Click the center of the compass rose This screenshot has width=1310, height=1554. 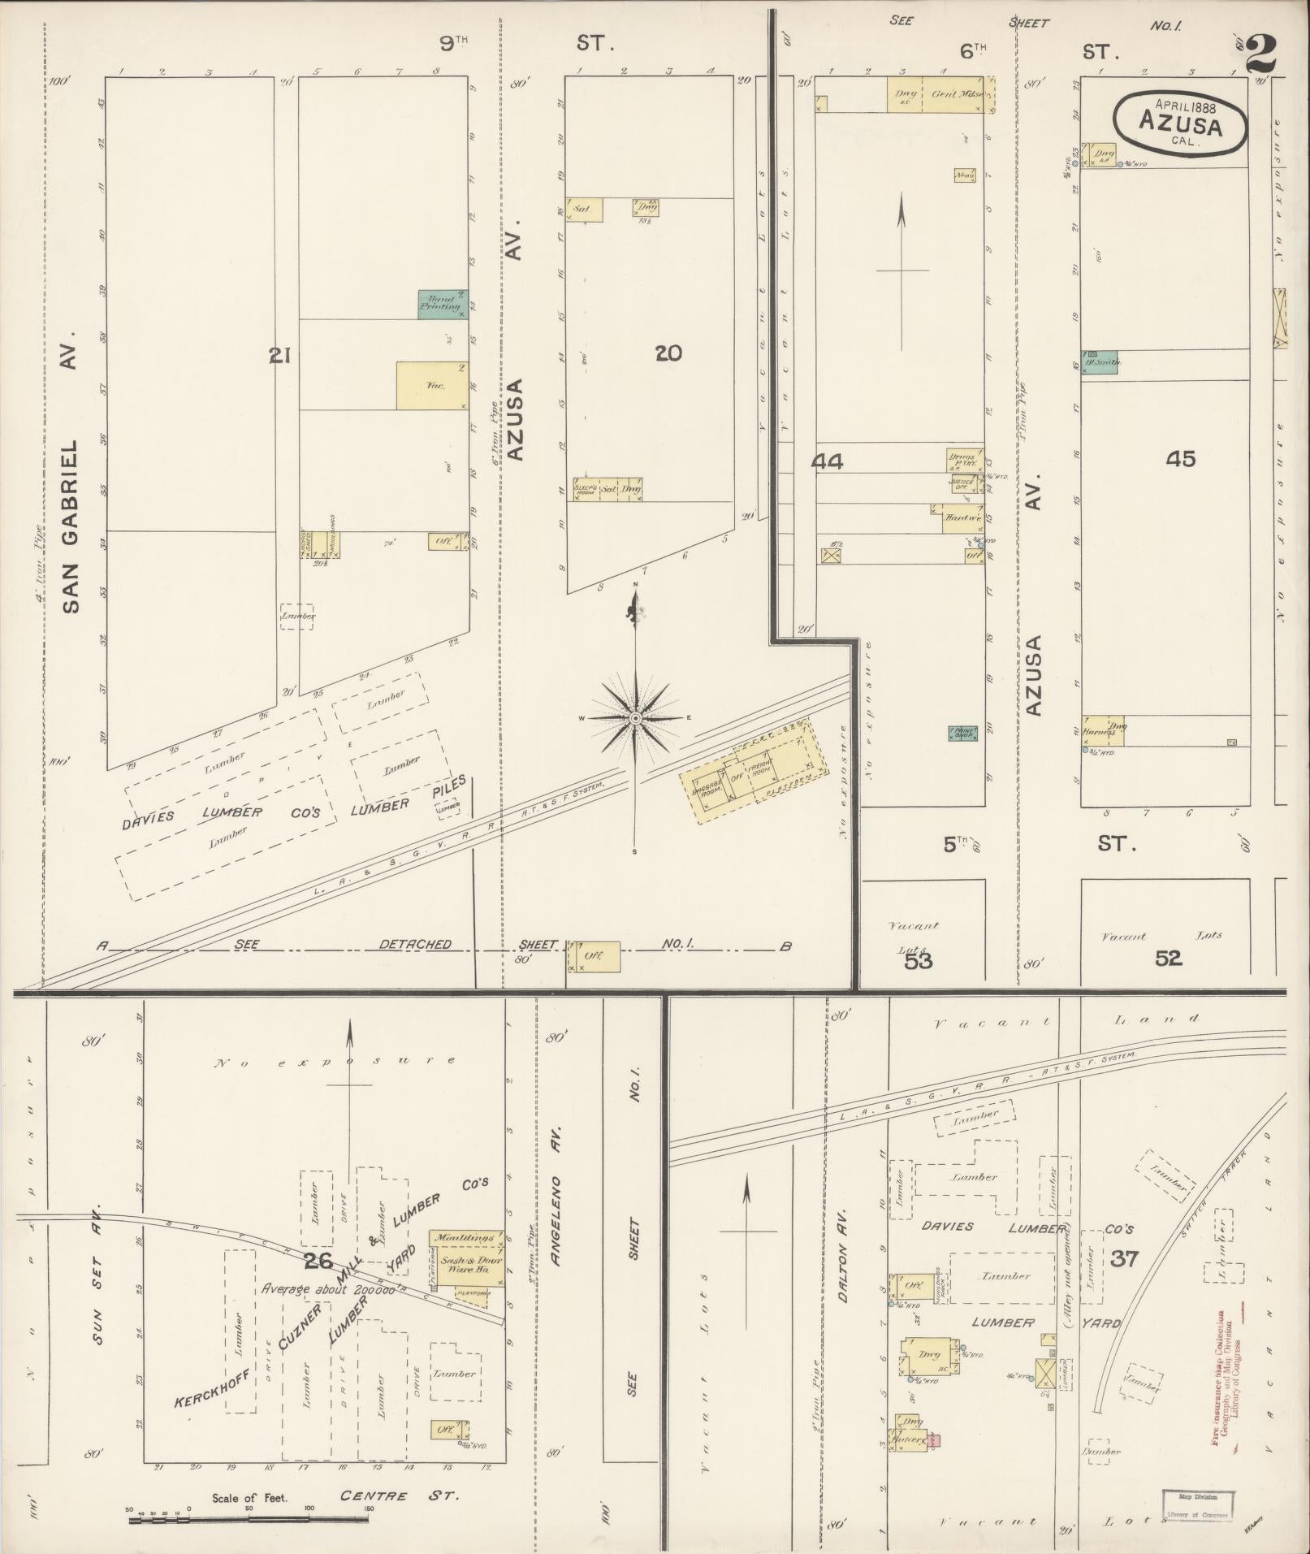(x=636, y=719)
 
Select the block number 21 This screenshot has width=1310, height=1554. (x=280, y=355)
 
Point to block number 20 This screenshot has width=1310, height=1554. (x=668, y=353)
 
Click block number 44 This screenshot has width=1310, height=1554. (x=828, y=461)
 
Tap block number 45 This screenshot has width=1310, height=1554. (x=1180, y=459)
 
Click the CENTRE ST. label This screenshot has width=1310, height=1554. (x=399, y=1496)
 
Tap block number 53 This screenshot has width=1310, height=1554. (x=918, y=961)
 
